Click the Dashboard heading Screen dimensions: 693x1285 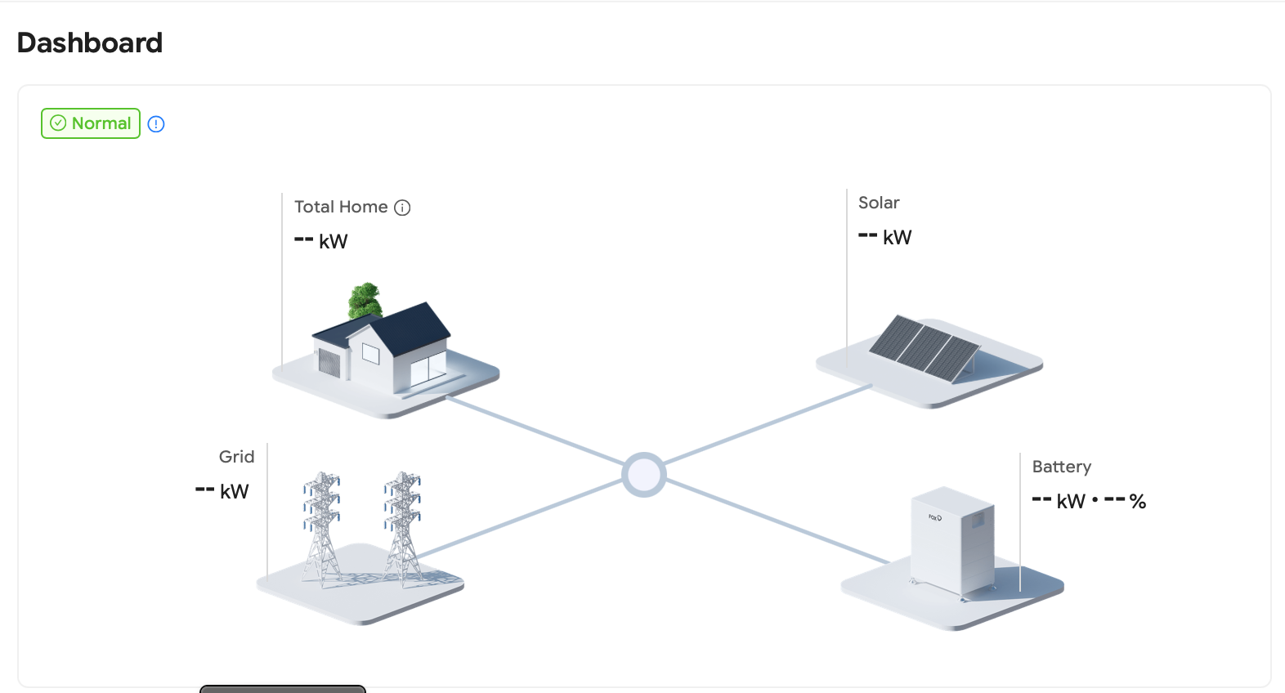click(90, 42)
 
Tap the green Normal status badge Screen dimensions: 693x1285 click(91, 123)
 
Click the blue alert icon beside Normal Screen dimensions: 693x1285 click(156, 124)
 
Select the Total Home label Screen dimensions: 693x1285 click(341, 207)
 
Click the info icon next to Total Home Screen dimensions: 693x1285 click(402, 208)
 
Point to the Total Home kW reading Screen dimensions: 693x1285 click(321, 241)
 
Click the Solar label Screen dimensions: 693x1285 click(879, 203)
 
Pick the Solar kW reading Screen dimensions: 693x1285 click(885, 237)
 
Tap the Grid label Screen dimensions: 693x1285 click(236, 457)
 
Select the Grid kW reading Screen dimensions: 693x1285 click(222, 491)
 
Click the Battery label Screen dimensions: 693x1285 click(1061, 467)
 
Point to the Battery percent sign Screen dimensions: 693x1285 click(1138, 502)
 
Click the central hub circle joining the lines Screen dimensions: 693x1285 click(643, 475)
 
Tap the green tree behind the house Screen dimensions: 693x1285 click(365, 300)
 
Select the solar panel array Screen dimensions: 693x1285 click(924, 348)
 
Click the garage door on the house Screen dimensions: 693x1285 click(329, 363)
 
